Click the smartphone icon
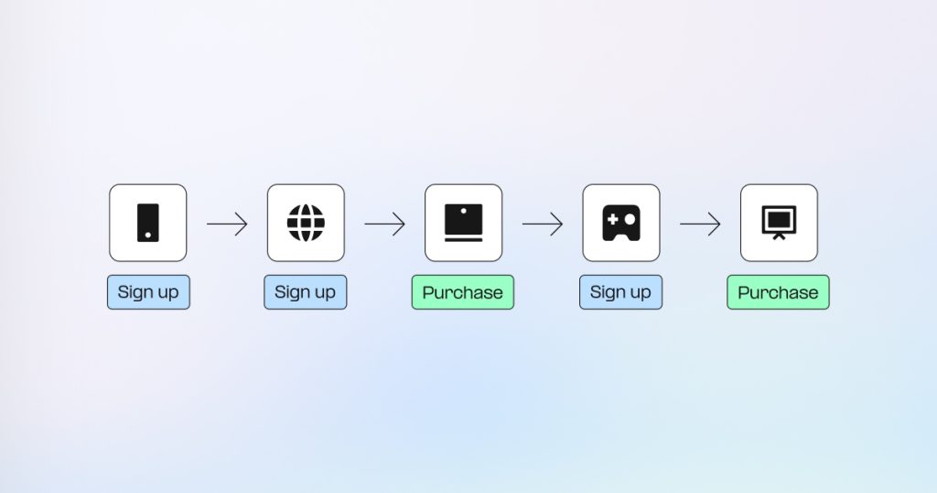point(148,223)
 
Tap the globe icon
point(306,223)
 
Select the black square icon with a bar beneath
point(464,223)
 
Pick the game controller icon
point(621,223)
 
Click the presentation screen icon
point(780,223)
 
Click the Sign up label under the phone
point(148,292)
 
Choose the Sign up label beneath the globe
point(306,292)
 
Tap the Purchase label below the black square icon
point(462,292)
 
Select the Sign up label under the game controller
point(621,292)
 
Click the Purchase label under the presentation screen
point(778,292)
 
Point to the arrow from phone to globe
point(227,224)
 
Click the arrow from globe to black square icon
point(385,224)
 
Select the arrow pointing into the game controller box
point(543,224)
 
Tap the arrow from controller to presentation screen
point(700,224)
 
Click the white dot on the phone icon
point(148,236)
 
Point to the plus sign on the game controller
point(612,220)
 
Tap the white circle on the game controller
point(630,220)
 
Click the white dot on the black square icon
point(464,211)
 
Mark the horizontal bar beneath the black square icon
point(464,240)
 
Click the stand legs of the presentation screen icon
point(780,237)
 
